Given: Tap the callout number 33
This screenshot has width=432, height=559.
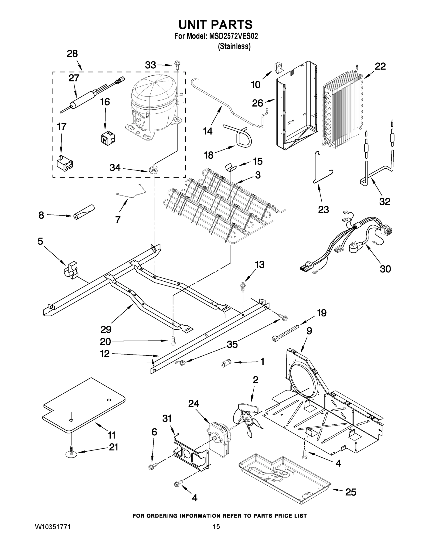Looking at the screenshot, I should [150, 65].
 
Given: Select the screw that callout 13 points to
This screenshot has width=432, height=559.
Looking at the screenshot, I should [242, 286].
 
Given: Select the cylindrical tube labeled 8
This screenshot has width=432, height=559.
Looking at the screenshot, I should [83, 212].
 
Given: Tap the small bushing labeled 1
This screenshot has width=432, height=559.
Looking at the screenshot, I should [226, 363].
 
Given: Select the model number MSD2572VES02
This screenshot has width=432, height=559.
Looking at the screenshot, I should [233, 36].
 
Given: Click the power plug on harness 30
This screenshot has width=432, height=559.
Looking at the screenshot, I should [356, 247].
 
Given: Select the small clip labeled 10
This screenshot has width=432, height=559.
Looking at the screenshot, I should [278, 67].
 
